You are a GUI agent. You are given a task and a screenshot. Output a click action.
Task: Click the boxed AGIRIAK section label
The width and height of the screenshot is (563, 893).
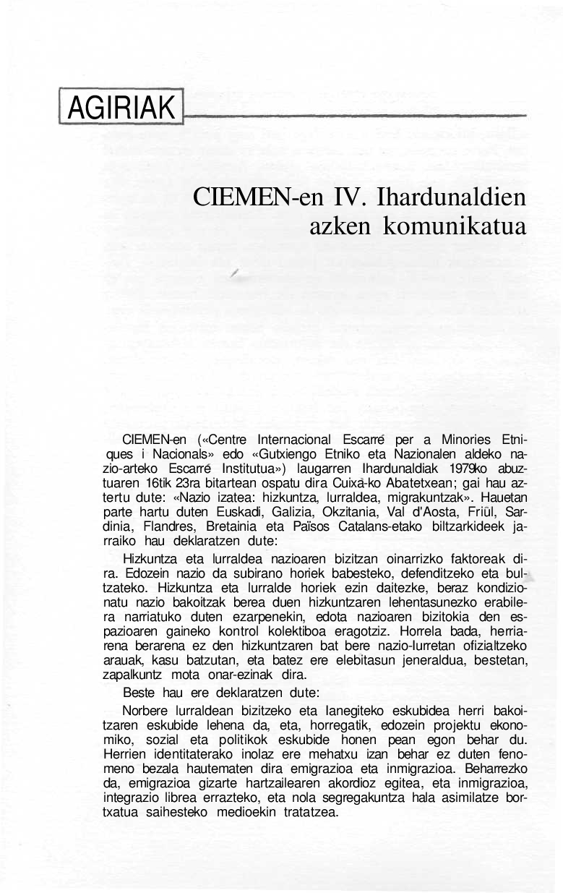(x=121, y=108)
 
